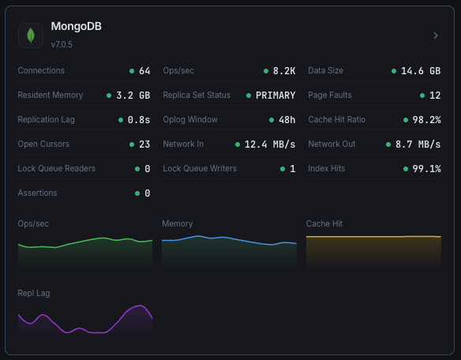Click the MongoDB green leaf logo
[31, 35]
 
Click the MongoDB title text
[76, 27]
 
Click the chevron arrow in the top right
[435, 36]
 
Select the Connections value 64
[144, 71]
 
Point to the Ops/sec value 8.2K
[284, 71]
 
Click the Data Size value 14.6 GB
[421, 71]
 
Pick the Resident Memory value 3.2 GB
[133, 96]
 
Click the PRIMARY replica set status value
[275, 96]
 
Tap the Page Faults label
[329, 96]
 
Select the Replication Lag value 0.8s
[138, 120]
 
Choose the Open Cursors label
[43, 144]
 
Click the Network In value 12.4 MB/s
[270, 144]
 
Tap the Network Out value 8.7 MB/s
[418, 144]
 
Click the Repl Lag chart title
[34, 293]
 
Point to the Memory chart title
[178, 224]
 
